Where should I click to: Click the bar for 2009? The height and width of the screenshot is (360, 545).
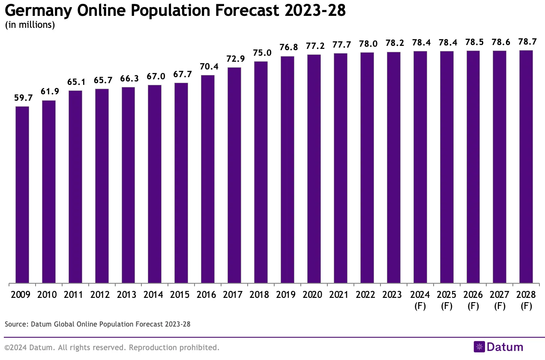pos(22,195)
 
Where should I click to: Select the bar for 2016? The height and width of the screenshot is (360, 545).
pos(208,179)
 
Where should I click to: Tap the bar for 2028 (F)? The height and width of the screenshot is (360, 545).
pos(526,167)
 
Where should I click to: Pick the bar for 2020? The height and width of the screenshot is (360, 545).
pos(314,169)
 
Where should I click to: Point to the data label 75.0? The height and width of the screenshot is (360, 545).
pos(261,53)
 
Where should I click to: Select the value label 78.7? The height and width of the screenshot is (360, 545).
pos(526,42)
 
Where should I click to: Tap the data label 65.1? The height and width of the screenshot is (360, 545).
pos(75,82)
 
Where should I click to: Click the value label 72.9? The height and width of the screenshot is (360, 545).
pos(234,59)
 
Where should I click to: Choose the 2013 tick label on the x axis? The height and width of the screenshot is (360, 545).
pos(129,295)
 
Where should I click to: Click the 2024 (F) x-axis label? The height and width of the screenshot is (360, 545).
pos(420,300)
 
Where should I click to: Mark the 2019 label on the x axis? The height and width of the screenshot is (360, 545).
pos(287,295)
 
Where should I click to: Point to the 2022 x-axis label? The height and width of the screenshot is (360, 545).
pos(367,295)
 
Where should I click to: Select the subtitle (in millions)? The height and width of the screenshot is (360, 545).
pos(30,25)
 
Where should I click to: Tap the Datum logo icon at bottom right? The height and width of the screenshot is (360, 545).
pos(479,347)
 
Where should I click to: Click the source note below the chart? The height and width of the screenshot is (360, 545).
pos(97,324)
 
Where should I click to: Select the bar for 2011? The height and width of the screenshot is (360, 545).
pos(75,187)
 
